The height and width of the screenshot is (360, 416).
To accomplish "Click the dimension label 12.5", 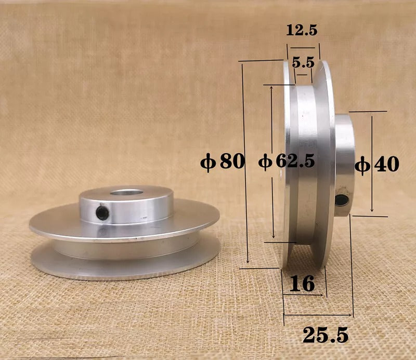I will tap(302, 30).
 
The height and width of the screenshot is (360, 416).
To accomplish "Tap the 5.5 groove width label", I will tap(303, 63).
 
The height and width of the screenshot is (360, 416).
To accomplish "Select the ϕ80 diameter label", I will tap(223, 162).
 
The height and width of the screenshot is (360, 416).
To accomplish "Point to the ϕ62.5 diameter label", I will tap(287, 162).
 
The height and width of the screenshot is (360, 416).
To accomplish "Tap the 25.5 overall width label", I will tap(326, 335).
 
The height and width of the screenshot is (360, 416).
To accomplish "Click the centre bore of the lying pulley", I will tap(126, 192).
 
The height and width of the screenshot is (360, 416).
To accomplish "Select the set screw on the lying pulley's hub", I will tap(103, 213).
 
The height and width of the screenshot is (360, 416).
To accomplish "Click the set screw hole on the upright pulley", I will tap(342, 199).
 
